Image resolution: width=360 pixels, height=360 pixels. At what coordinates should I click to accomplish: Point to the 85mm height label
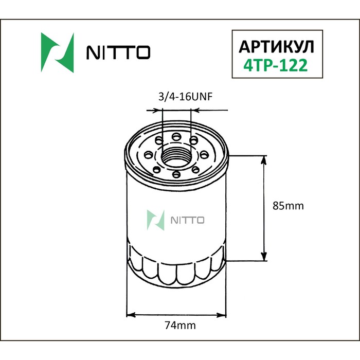coord(287,206)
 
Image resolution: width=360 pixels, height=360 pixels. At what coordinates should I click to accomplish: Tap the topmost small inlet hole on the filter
coord(176,136)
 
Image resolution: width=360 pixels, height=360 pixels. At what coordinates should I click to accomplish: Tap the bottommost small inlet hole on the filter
coord(176,175)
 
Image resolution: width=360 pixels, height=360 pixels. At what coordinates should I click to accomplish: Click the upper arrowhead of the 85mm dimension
coord(265,161)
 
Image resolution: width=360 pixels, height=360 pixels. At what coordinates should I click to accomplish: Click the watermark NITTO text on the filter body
coord(187,220)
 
